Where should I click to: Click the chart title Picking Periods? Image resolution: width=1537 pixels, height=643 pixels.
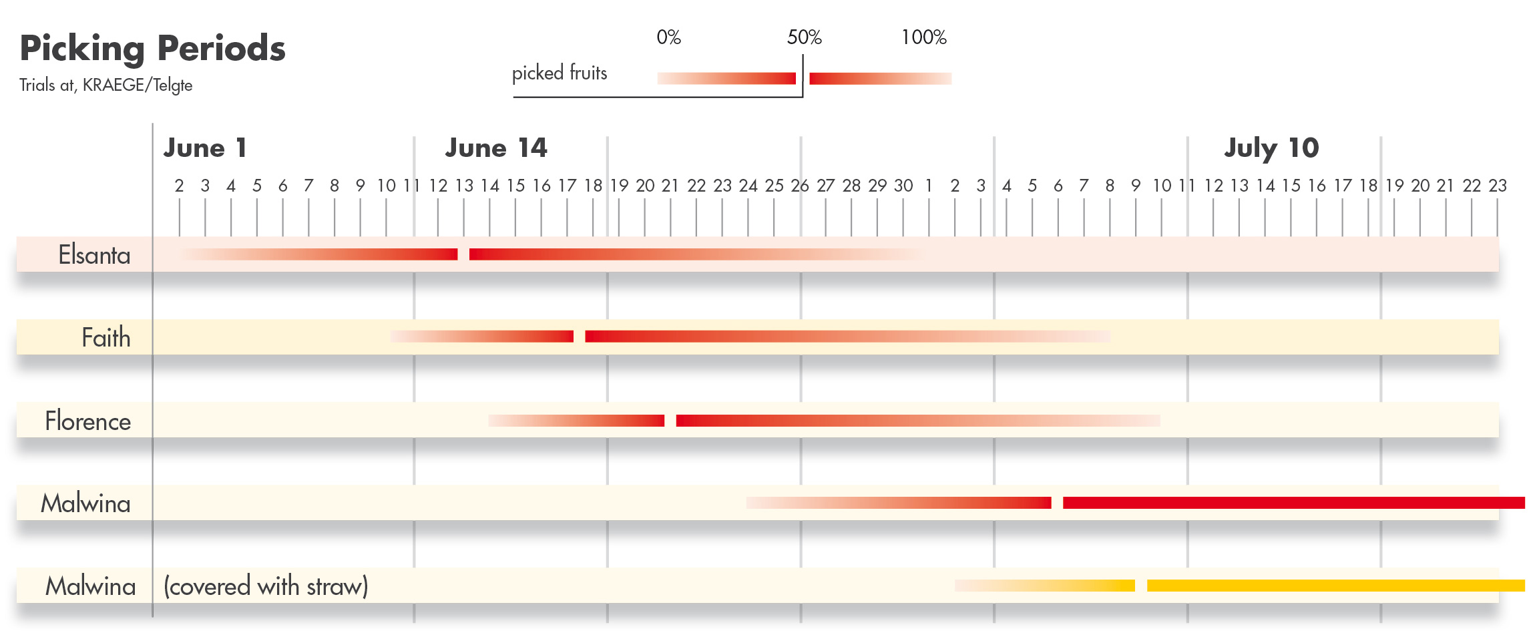[153, 48]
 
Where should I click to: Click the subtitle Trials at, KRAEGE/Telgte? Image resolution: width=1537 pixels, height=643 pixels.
[105, 85]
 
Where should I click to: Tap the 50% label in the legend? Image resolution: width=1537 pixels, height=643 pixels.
[804, 37]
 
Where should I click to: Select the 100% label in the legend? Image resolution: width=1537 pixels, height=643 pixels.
[923, 37]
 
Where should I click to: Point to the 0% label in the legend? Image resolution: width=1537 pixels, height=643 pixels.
[668, 37]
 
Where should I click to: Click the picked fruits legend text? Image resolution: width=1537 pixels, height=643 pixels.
[560, 73]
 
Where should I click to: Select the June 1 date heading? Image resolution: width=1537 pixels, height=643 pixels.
[205, 148]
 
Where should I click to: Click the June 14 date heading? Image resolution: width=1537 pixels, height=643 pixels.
[496, 148]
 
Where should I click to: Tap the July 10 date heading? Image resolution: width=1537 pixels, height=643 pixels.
[1271, 148]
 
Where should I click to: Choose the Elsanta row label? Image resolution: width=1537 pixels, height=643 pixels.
[94, 255]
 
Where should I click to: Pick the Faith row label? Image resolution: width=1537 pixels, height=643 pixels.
[105, 338]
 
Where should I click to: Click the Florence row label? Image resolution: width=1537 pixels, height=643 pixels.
[87, 421]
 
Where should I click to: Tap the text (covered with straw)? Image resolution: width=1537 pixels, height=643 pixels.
[266, 586]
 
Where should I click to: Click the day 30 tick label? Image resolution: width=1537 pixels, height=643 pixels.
[903, 186]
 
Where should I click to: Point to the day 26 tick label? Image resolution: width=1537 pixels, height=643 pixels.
[800, 186]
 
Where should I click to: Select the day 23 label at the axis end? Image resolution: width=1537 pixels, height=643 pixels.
[1498, 186]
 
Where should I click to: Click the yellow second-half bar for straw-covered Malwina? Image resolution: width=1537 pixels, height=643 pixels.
[1335, 586]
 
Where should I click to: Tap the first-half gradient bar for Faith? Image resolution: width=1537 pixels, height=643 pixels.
[482, 337]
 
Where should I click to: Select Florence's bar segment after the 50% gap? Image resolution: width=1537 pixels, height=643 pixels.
[918, 421]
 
